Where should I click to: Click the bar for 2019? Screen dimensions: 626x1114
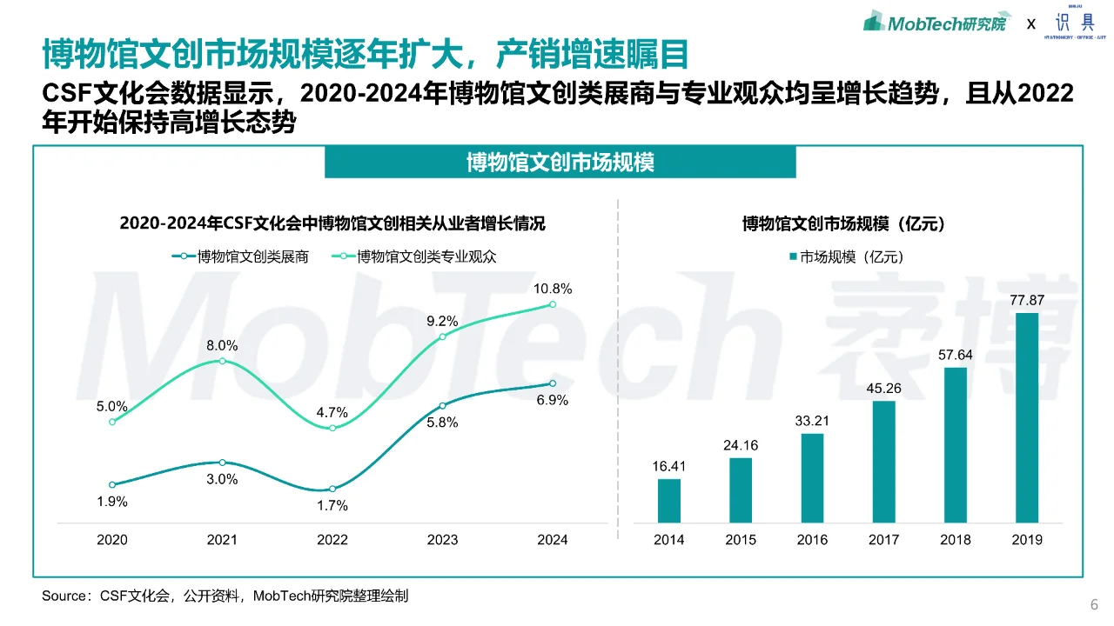click(1027, 417)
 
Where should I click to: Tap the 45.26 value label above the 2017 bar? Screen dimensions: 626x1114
click(883, 388)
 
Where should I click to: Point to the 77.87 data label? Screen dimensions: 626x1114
click(1027, 301)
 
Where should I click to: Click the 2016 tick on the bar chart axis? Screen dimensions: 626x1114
click(812, 540)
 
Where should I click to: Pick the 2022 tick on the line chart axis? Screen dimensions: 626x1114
click(332, 540)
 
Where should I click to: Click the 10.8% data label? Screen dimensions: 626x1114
click(553, 289)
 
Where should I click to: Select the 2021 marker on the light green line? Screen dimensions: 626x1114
click(222, 361)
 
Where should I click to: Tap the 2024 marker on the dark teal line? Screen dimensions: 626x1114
click(553, 383)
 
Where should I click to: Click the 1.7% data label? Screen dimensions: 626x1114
click(332, 505)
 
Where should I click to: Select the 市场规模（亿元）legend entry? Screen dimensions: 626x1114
click(846, 256)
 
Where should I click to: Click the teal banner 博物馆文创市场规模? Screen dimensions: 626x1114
click(560, 162)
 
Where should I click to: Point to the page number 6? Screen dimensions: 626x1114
click(1094, 605)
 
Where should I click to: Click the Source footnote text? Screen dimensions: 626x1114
click(225, 596)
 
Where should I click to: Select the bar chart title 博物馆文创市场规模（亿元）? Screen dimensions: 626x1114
click(843, 223)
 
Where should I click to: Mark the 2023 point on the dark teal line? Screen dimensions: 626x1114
click(442, 405)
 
